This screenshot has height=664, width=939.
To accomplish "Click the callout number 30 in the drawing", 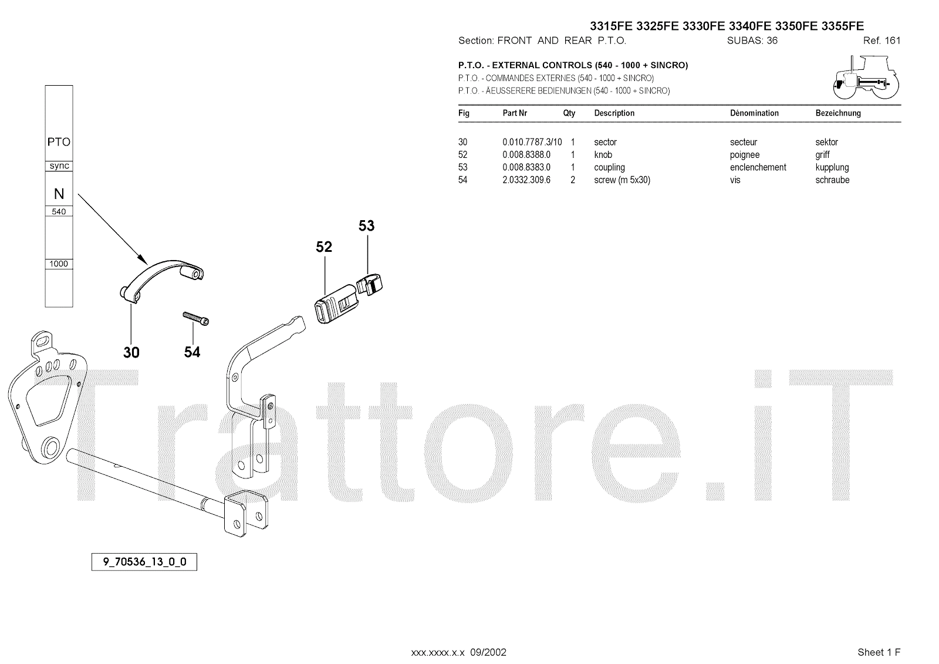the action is tap(131, 352).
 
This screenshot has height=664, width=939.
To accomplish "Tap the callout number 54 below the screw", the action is tap(192, 352).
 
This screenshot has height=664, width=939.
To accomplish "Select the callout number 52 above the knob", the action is tap(324, 247).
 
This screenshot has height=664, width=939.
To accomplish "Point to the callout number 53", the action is tap(366, 226).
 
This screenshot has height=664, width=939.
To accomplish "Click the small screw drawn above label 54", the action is tap(196, 318).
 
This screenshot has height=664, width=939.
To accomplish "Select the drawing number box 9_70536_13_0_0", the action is tap(144, 562).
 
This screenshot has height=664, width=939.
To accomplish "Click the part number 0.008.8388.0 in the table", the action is tap(526, 155).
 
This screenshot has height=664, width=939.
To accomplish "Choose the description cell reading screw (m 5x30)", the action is tap(622, 180).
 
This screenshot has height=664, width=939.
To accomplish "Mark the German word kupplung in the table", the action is tap(832, 167).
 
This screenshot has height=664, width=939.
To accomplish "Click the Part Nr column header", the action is tap(515, 113).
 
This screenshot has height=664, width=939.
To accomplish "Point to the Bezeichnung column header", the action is tap(838, 113).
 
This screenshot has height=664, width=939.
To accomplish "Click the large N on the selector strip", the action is tap(59, 194).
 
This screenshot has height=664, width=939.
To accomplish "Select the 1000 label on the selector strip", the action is tap(59, 264).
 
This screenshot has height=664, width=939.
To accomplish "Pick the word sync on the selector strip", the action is tap(59, 166).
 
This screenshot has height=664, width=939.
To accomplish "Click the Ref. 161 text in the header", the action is tap(881, 41).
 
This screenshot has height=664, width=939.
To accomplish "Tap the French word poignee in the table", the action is tap(745, 155).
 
